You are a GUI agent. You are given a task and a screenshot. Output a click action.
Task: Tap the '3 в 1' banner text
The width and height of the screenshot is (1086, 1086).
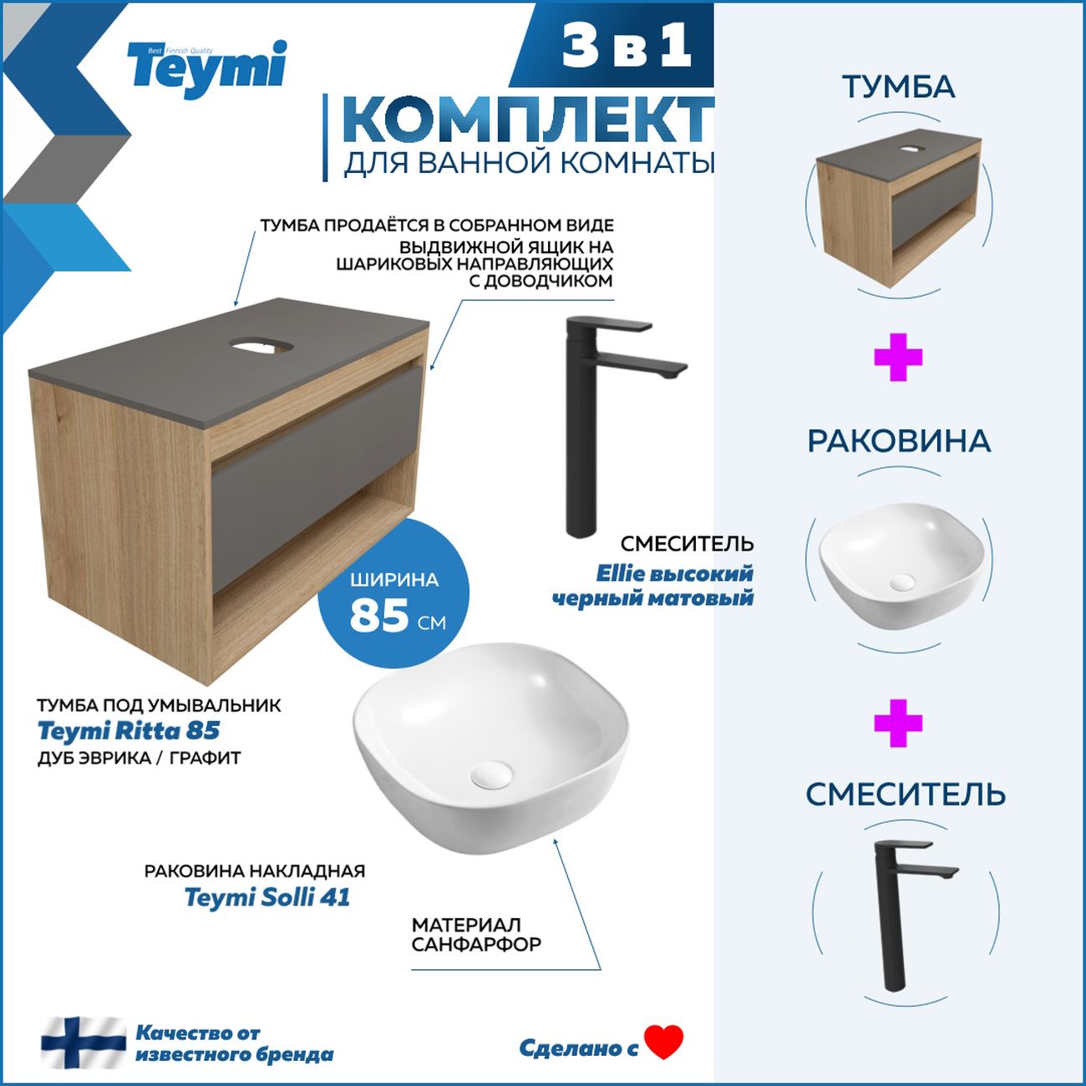click(627, 46)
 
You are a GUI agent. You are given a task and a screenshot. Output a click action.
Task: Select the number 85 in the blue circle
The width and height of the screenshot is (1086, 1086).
click(378, 617)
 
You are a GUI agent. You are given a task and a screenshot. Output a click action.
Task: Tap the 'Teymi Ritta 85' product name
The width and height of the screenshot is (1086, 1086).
click(129, 731)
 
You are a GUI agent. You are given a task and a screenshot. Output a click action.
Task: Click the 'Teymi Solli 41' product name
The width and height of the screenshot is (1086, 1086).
click(266, 897)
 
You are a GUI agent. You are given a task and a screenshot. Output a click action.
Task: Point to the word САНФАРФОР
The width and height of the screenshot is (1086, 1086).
click(476, 945)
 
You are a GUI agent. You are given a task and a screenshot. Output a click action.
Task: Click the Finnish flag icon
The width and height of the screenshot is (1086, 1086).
click(84, 1043)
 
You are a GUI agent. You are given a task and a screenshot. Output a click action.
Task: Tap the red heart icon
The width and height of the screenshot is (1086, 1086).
click(664, 1042)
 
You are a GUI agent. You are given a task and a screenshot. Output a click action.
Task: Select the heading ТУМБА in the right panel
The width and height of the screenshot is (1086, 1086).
click(898, 87)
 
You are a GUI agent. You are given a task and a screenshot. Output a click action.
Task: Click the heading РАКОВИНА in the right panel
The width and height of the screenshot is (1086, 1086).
click(898, 441)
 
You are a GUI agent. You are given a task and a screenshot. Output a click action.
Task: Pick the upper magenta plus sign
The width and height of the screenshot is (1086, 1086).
click(898, 358)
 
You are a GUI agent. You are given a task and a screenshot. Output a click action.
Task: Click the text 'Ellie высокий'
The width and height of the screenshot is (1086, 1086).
click(674, 574)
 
